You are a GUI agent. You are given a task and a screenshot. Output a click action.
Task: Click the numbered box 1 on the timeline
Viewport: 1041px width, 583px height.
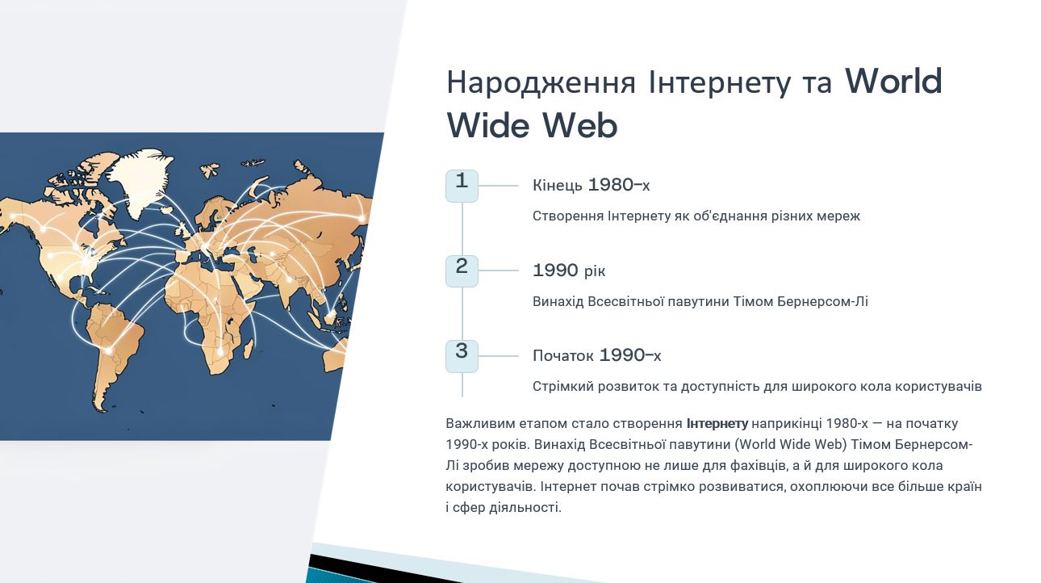pos(462,186)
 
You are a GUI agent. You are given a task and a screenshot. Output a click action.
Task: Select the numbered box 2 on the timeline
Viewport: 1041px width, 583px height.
pos(462,271)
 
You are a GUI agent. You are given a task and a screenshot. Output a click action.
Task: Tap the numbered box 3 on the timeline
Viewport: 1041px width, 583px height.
pos(462,356)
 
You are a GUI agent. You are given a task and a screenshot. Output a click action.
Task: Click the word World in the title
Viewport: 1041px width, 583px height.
pos(893,81)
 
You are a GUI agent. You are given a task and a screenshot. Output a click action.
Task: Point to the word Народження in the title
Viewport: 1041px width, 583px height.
pos(541,82)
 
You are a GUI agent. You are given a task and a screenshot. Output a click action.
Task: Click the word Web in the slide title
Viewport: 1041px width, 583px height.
pos(579,125)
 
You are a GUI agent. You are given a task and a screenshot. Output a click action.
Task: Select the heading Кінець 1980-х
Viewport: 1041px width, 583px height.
pos(592,185)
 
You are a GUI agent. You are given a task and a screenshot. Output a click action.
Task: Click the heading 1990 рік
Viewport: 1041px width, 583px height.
pos(569,271)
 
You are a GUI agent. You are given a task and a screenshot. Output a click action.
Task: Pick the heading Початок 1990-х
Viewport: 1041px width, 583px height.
pos(596,355)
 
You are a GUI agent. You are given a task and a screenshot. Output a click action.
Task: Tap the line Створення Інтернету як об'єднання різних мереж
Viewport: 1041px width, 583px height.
pos(696,216)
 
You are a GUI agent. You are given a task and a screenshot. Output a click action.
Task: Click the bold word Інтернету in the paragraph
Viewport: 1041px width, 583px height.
pos(717,424)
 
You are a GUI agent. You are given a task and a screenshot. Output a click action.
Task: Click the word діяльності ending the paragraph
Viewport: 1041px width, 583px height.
pos(525,507)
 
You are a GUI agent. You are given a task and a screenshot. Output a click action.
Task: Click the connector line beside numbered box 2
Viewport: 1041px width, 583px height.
pos(498,271)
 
